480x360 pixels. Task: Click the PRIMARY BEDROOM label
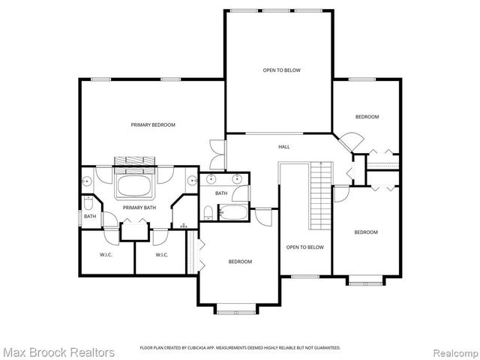tap(152, 124)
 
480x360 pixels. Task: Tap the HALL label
tap(284, 146)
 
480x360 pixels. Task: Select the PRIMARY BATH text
tap(139, 208)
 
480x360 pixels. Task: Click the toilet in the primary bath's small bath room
tap(88, 203)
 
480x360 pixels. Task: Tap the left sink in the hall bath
tap(211, 179)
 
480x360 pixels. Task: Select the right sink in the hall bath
tap(238, 179)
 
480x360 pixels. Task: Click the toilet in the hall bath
tap(208, 211)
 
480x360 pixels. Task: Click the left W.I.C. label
tap(106, 255)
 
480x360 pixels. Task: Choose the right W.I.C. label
tap(161, 255)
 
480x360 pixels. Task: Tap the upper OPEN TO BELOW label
tap(281, 70)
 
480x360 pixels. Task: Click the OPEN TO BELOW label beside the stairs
tap(305, 247)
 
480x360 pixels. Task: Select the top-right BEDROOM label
tap(367, 117)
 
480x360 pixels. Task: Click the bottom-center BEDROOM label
tap(240, 261)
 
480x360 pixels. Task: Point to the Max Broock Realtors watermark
tap(58, 351)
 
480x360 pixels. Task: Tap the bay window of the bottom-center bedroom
tap(236, 308)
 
